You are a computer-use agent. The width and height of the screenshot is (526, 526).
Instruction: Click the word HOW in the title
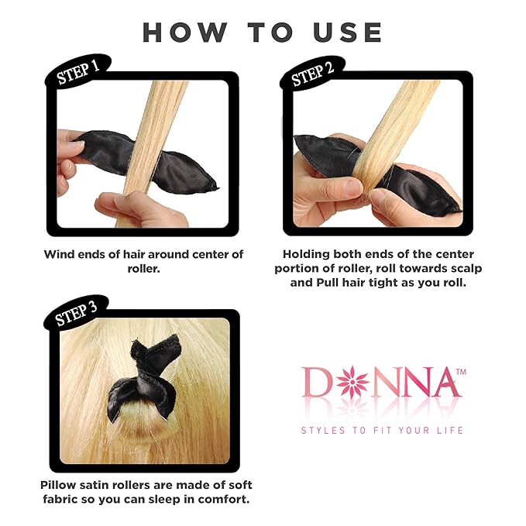pos(184,33)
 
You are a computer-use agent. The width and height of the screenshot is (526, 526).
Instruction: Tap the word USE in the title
pos(348,33)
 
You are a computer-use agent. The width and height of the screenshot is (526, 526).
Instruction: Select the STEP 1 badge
pos(77,73)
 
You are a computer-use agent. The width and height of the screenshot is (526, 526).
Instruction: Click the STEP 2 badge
pos(312,74)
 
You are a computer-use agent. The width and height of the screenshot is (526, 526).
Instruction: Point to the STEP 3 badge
pos(76,314)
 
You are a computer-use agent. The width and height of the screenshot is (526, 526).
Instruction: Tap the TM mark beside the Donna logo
pos(461,372)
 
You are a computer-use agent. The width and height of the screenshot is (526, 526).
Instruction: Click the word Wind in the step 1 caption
pos(59,254)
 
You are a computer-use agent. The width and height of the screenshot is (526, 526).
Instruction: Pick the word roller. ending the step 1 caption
pos(143,269)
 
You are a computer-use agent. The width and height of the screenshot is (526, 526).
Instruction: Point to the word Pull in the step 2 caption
pos(328,283)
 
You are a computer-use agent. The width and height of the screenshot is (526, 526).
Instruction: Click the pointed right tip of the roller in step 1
pos(218,188)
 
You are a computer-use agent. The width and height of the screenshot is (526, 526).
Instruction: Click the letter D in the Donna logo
pos(316,382)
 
